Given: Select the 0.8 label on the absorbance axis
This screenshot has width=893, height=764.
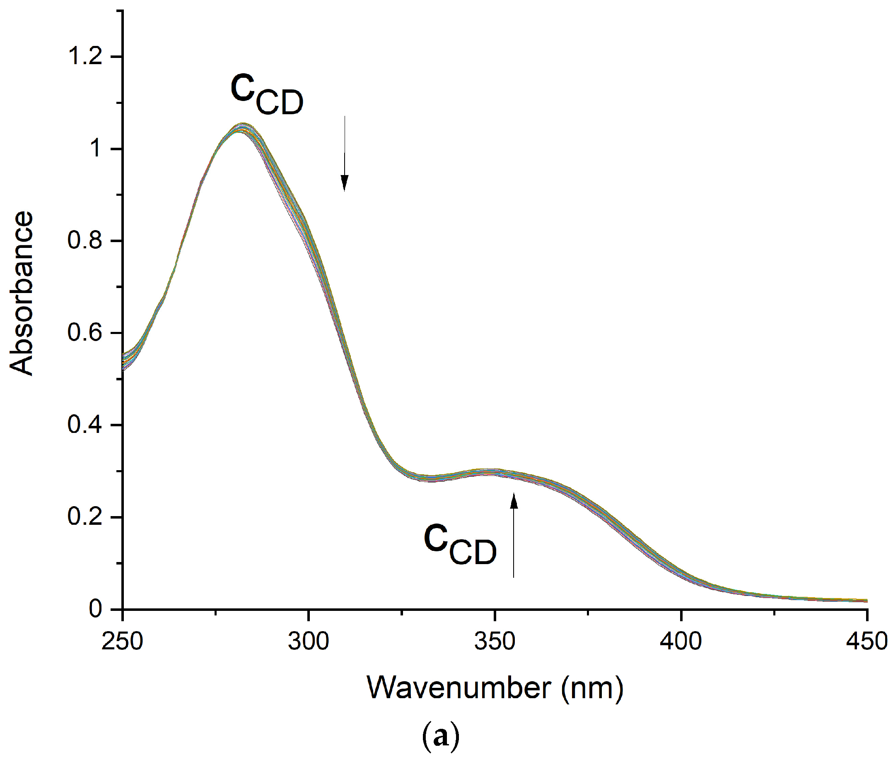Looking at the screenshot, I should [85, 240].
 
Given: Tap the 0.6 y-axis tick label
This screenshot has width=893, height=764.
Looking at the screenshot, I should [85, 333].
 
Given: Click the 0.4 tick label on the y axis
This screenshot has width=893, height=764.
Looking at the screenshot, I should [85, 425].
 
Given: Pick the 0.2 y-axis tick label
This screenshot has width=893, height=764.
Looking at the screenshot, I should [85, 517].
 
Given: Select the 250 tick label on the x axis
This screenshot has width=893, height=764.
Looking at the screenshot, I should [123, 641].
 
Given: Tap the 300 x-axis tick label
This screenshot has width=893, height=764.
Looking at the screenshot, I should [309, 641].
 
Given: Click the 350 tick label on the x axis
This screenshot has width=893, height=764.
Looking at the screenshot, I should [495, 641].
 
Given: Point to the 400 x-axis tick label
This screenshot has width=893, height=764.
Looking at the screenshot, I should [681, 641].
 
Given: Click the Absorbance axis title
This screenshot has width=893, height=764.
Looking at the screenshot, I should [22, 294].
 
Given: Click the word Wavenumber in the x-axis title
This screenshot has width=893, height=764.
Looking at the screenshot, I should [459, 688].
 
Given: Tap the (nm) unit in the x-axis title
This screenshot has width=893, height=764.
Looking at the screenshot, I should [592, 689].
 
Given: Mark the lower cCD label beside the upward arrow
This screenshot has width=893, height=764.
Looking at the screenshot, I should [460, 544].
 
